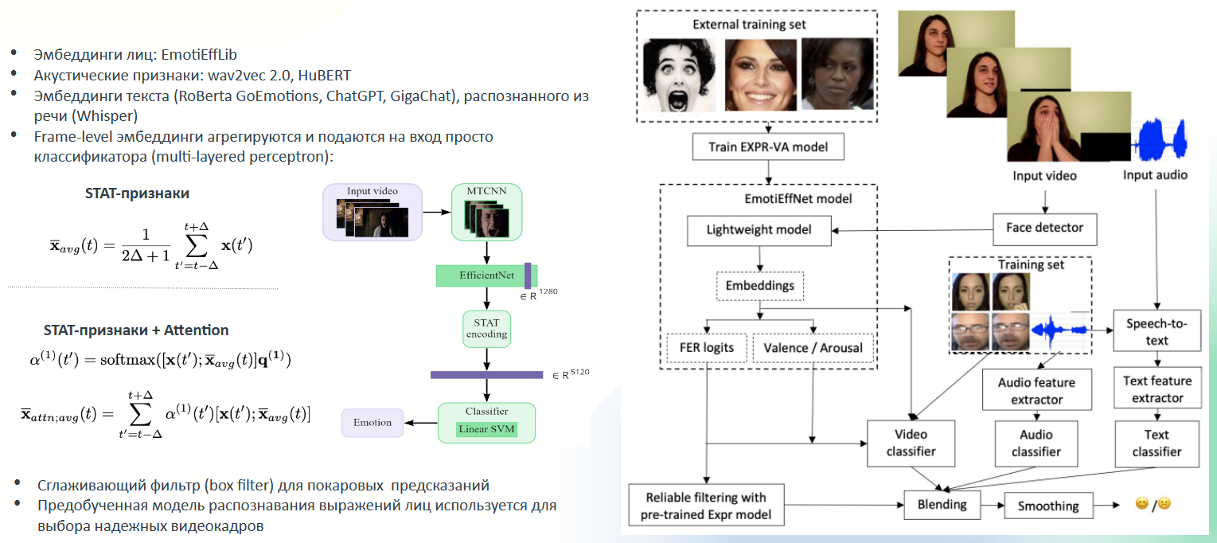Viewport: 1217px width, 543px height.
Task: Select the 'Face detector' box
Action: (1044, 228)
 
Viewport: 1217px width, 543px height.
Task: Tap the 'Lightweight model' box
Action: (759, 230)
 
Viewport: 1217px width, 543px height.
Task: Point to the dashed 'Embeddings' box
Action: (760, 284)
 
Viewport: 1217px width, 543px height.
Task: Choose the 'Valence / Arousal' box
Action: (812, 347)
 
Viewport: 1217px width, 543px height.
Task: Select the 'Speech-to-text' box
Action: (1157, 332)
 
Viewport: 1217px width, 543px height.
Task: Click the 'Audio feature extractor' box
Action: (1036, 390)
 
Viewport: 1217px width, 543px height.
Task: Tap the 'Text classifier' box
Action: (1157, 443)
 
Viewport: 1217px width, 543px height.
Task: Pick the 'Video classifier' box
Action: (911, 443)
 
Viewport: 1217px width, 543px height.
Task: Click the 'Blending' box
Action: (942, 504)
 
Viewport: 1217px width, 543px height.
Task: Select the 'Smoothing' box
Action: (1048, 506)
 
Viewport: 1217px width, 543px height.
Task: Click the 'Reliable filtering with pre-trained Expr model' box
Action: (706, 506)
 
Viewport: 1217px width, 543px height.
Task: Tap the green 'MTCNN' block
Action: (486, 213)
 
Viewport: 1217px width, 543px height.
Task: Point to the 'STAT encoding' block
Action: (486, 329)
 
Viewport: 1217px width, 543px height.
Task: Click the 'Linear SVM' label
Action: (486, 429)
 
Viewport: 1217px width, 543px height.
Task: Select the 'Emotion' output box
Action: (372, 423)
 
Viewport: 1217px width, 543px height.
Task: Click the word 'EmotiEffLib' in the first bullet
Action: (199, 55)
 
